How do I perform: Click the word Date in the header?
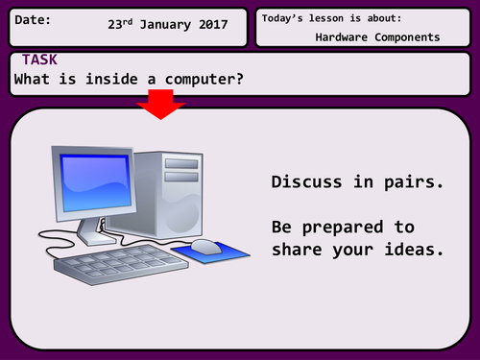[33, 20]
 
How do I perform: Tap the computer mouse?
[205, 247]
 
